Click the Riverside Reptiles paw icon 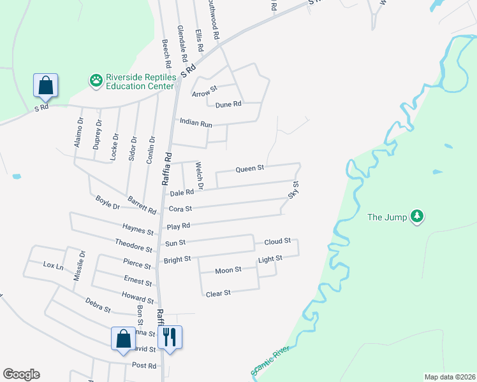click(96, 81)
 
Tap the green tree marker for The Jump click(417, 216)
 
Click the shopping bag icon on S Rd click(45, 86)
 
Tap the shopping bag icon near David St click(123, 338)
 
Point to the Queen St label click(250, 169)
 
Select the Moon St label click(228, 271)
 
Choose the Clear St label click(217, 293)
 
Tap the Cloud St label click(277, 241)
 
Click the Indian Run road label click(196, 123)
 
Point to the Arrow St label click(205, 91)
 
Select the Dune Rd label click(228, 104)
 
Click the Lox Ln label click(53, 265)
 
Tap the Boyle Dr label click(108, 202)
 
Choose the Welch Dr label click(198, 176)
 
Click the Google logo click(21, 374)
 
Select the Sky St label click(293, 190)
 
